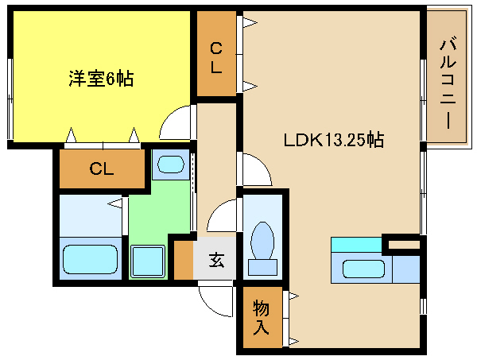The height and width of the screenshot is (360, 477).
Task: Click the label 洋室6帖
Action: (x=100, y=79)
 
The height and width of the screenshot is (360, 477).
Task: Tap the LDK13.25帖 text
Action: (x=334, y=140)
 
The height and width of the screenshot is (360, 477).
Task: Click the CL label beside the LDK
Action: (x=216, y=57)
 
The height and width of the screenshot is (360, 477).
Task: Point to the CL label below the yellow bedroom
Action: (x=101, y=168)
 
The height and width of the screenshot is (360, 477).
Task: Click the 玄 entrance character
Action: (x=215, y=259)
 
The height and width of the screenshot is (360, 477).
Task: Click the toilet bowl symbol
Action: (x=262, y=239)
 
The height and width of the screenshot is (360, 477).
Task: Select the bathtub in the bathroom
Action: (x=90, y=260)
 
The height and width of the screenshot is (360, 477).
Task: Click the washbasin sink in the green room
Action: (x=170, y=165)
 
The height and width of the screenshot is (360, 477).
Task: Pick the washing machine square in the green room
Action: (x=147, y=261)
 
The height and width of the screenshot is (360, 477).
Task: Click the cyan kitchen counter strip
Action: (x=356, y=245)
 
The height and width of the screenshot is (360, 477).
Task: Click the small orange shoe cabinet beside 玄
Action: (x=183, y=259)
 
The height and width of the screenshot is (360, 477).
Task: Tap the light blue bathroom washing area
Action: (x=89, y=215)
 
